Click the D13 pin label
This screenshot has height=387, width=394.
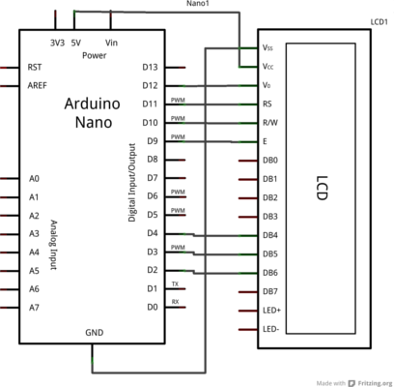click(150, 67)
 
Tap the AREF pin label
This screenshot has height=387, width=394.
click(37, 85)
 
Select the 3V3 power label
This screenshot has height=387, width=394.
click(57, 43)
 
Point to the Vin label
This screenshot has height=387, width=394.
click(111, 43)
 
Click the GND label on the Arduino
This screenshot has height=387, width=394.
click(95, 333)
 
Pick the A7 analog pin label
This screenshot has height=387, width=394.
click(34, 308)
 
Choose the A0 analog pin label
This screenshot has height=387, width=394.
click(34, 178)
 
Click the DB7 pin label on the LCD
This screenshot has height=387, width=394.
click(270, 291)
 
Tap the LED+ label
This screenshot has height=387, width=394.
click(271, 311)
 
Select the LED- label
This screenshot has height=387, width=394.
click(270, 329)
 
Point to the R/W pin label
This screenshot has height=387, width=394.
click(270, 123)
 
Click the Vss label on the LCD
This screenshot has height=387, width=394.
click(267, 47)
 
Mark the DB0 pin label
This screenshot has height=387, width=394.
click(270, 160)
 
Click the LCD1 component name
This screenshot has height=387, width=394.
click(379, 22)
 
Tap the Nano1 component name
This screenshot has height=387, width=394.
click(196, 4)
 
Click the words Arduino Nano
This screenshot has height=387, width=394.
click(93, 113)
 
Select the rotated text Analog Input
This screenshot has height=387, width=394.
click(54, 245)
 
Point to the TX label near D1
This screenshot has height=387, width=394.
click(175, 283)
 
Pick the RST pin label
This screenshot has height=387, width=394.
click(35, 67)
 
